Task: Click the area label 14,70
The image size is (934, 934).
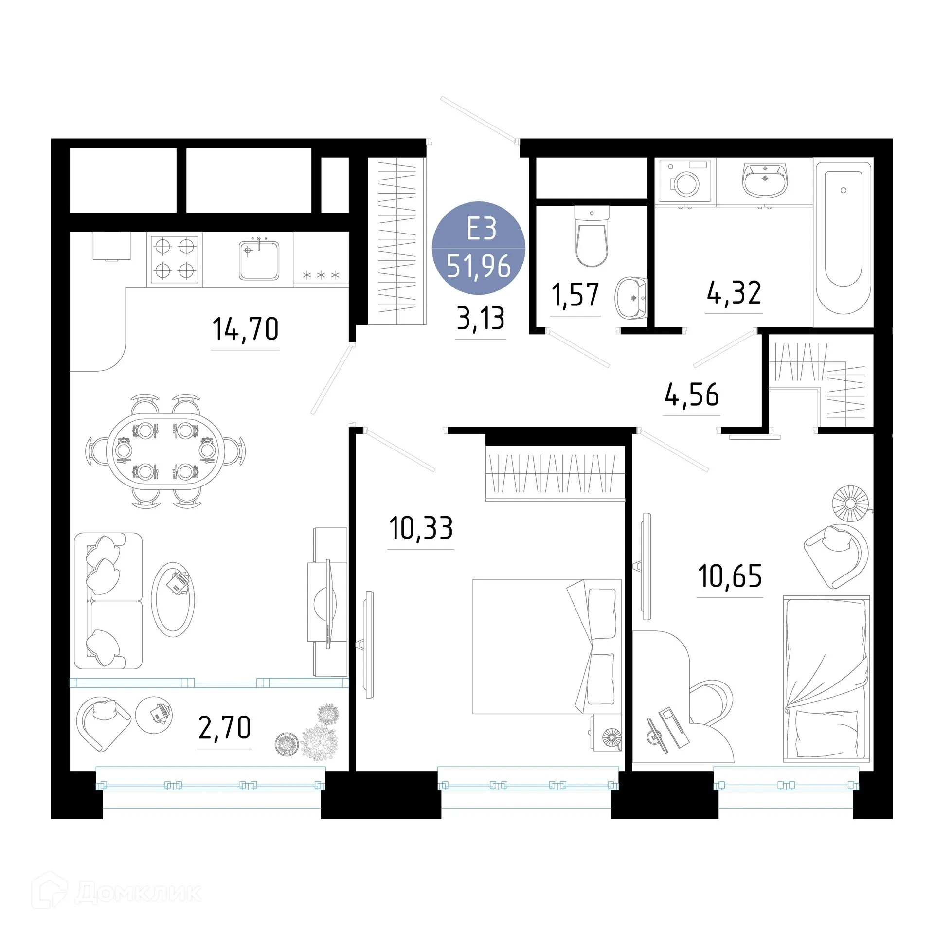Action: click(x=246, y=329)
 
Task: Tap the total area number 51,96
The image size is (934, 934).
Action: click(x=479, y=267)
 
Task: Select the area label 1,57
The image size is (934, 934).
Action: click(x=575, y=295)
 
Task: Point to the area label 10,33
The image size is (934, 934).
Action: click(x=421, y=528)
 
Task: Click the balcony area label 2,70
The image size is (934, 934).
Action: click(x=225, y=728)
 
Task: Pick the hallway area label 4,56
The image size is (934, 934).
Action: click(x=692, y=395)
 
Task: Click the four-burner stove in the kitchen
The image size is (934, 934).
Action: click(x=175, y=259)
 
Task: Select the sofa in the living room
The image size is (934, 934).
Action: click(x=108, y=601)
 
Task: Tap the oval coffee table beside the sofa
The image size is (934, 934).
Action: click(x=173, y=600)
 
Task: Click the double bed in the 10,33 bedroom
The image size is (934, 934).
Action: click(x=547, y=647)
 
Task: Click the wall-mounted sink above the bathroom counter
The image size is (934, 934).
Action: click(x=764, y=179)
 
